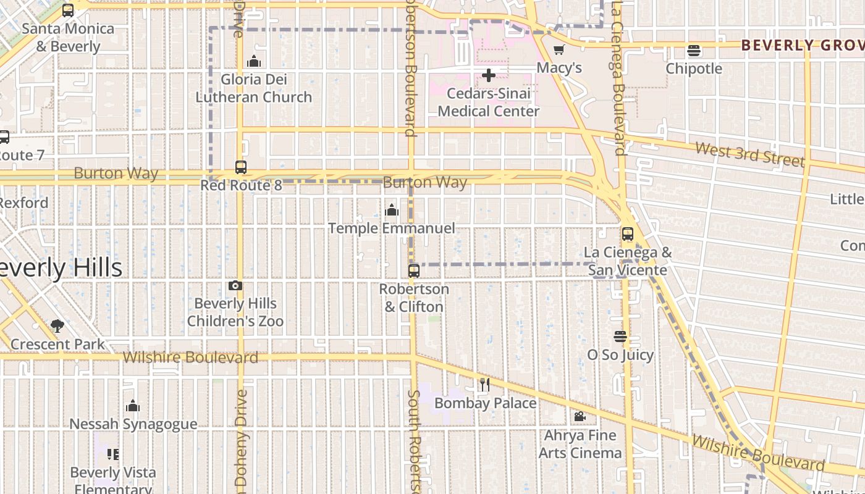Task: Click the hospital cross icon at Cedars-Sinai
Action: coord(489,76)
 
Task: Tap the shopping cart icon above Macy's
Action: coord(559,50)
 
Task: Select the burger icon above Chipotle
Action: coord(694,51)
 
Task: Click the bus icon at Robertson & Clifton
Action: coord(414,270)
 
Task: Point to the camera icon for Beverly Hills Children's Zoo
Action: coord(235,285)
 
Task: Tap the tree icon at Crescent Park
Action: coord(57,325)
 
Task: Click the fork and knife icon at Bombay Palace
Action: coord(484,385)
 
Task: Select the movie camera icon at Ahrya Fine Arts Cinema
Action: coord(580,417)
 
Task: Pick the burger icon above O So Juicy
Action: coord(620,337)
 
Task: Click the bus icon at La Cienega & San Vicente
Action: coord(628,234)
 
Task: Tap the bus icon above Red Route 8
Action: coord(241,167)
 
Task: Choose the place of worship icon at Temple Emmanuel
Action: coord(392,210)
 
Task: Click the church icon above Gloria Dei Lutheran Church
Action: coord(254,61)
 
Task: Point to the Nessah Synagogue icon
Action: coord(133,406)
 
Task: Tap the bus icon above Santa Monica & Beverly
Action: coord(68,10)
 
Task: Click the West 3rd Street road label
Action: coord(749,154)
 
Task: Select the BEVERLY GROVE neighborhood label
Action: coord(802,45)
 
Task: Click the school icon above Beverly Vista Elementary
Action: coord(112,454)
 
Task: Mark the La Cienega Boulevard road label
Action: coord(619,77)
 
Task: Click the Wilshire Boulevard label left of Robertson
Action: coord(190,358)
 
